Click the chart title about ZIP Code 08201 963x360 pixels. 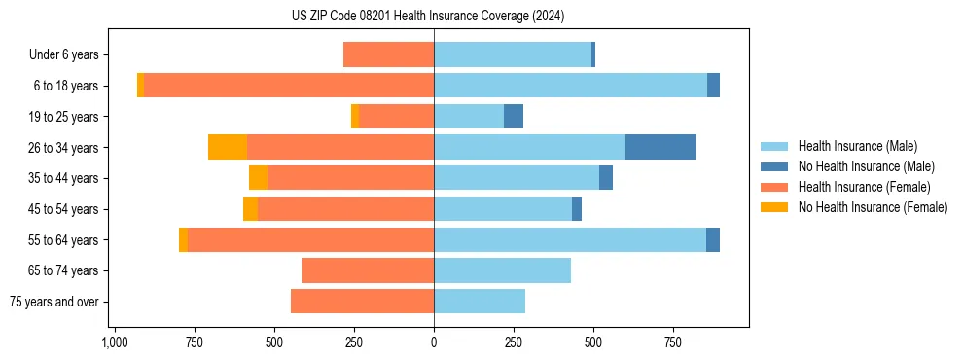[x=428, y=16]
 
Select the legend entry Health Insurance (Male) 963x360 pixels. [x=857, y=146]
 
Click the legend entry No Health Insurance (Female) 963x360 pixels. [x=873, y=207]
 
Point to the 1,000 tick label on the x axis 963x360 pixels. [x=115, y=342]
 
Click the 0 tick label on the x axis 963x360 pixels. [x=434, y=342]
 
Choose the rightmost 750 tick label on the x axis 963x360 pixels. [x=672, y=342]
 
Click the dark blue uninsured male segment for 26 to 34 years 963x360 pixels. [x=660, y=147]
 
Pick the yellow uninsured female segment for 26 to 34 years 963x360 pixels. [x=228, y=147]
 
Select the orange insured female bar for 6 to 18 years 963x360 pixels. [x=289, y=86]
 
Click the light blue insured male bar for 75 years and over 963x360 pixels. [x=480, y=302]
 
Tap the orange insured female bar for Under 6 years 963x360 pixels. [x=388, y=54]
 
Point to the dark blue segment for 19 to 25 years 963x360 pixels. [x=514, y=117]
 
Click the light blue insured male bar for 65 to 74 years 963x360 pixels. [x=502, y=270]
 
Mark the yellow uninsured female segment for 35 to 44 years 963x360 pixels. [x=258, y=178]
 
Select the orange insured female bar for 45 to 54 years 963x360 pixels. [x=345, y=209]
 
